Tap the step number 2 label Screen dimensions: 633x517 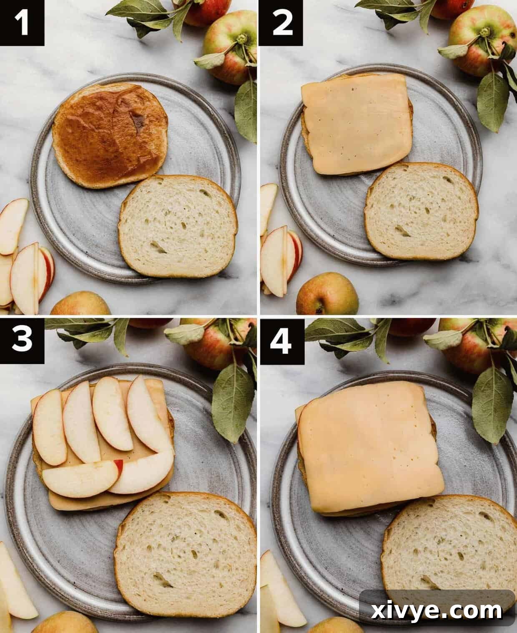click(x=282, y=23)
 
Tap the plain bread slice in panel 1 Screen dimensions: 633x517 click(x=178, y=225)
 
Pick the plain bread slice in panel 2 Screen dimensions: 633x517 click(x=421, y=211)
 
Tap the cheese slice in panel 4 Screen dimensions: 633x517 click(x=369, y=447)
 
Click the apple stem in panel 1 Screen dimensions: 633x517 click(x=241, y=40)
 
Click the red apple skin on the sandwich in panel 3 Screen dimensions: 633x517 click(x=119, y=467)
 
